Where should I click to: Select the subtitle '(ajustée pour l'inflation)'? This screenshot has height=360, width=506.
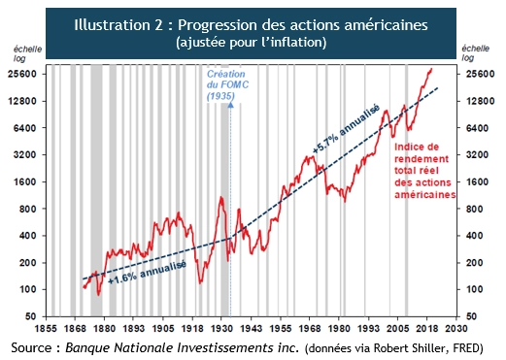tap(252, 44)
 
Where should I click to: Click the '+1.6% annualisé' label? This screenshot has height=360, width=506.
tap(147, 270)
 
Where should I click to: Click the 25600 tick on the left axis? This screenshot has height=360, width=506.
tap(21, 74)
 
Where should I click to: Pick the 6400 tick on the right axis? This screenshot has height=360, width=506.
tap(476, 128)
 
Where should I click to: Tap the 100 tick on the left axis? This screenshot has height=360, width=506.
tap(24, 290)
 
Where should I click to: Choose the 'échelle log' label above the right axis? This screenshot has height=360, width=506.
tap(476, 53)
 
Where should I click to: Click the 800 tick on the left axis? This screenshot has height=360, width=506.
tap(24, 210)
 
